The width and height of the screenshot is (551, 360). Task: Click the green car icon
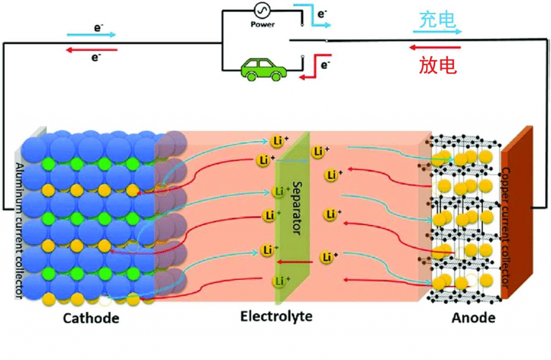(263, 69)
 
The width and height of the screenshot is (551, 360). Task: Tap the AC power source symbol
(262, 11)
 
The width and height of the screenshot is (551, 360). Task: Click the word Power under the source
(263, 25)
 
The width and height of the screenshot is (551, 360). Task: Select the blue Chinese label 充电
(438, 20)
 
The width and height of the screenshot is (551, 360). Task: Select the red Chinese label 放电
(438, 65)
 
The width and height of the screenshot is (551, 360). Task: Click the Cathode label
(91, 318)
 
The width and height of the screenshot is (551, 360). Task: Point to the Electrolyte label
(276, 316)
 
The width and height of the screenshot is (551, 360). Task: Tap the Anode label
(474, 318)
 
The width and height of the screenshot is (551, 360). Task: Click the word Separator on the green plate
(297, 208)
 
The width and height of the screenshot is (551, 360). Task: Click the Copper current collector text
(505, 227)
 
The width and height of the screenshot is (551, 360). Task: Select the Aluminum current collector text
(19, 231)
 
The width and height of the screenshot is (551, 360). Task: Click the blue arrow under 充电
(437, 32)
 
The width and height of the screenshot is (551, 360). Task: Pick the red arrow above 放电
(434, 47)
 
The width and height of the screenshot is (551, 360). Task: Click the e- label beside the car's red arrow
(326, 65)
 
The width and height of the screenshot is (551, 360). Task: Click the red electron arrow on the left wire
(91, 50)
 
